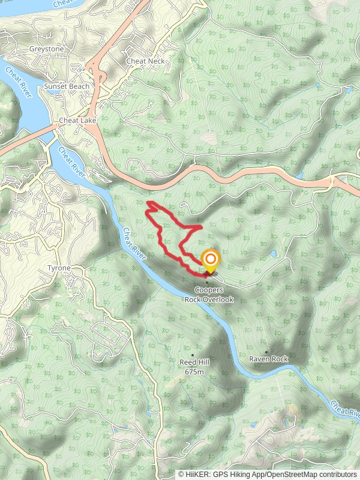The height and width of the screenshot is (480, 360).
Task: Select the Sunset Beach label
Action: [x=66, y=86]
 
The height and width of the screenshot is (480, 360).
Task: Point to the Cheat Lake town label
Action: [x=74, y=121]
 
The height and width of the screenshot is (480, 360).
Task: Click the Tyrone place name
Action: [x=59, y=268]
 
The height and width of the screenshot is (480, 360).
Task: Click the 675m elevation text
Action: [x=194, y=372]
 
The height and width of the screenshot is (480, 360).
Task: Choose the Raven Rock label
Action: [x=269, y=359]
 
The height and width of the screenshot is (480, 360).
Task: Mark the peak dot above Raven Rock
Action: [x=266, y=352]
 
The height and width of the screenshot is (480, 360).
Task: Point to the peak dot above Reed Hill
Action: [x=193, y=346]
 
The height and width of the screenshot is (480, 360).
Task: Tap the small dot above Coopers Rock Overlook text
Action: [x=207, y=283]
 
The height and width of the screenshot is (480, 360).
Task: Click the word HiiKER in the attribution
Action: [x=196, y=474]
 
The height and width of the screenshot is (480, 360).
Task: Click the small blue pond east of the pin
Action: [x=273, y=254]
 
